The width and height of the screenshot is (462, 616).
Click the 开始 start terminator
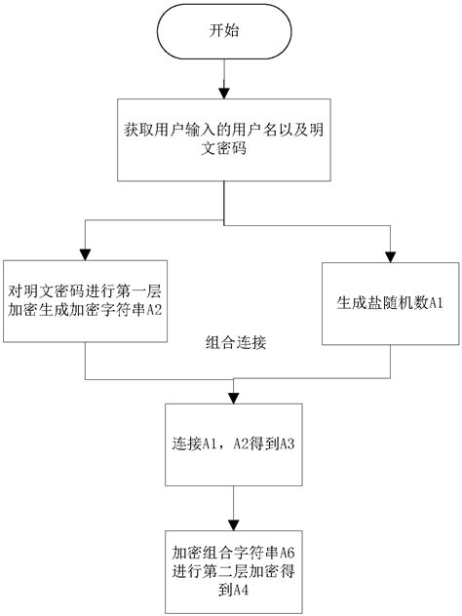[x=224, y=32]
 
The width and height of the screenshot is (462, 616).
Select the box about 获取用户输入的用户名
[x=224, y=139]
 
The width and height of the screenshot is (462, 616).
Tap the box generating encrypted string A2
[x=85, y=301]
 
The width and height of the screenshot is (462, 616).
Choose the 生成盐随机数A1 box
[x=391, y=304]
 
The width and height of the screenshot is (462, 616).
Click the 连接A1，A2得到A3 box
[x=234, y=444]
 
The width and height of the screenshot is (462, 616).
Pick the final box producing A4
[x=234, y=571]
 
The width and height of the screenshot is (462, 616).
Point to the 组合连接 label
[x=236, y=342]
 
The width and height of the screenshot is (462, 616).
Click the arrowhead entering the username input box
[x=224, y=94]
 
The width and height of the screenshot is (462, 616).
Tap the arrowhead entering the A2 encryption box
[x=85, y=254]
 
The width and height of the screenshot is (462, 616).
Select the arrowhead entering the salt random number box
[x=391, y=257]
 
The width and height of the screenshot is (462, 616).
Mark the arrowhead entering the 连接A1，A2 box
[x=234, y=399]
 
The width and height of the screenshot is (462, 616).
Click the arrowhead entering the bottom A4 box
[x=234, y=525]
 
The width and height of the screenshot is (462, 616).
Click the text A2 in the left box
[x=154, y=310]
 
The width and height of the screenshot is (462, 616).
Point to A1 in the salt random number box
[x=436, y=303]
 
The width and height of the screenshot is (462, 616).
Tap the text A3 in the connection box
[x=287, y=443]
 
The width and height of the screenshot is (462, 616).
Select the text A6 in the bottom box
[x=287, y=553]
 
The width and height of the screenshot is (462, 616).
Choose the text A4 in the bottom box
[x=241, y=590]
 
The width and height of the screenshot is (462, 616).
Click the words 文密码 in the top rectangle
[x=224, y=148]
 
